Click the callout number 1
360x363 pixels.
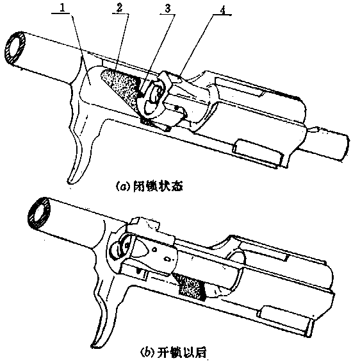[x=61, y=8]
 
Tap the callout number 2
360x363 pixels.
[x=119, y=8]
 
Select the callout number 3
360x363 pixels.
[x=167, y=9]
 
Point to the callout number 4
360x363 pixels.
[x=223, y=10]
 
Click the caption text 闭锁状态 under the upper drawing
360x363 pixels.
[x=158, y=187]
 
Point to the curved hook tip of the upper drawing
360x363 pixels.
[x=69, y=181]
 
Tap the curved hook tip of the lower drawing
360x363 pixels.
[x=93, y=346]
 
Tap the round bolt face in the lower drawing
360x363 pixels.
[x=120, y=249]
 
